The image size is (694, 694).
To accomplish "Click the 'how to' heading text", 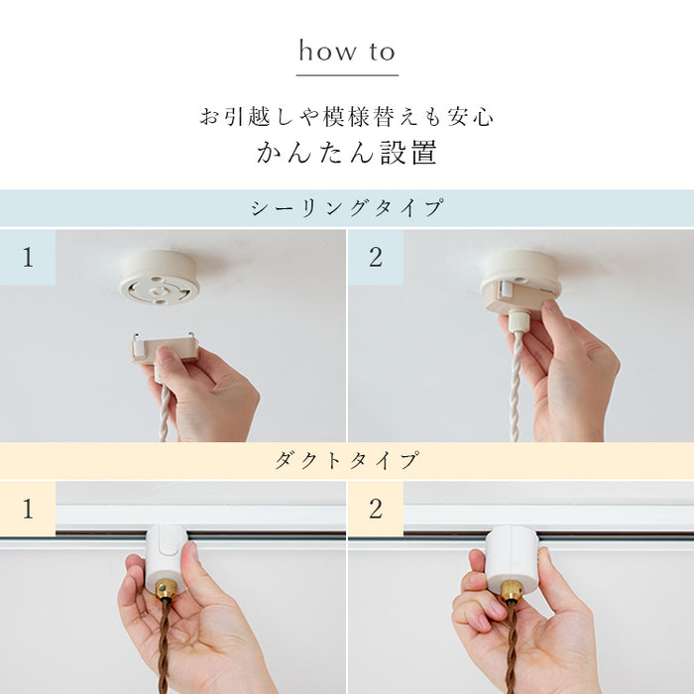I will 347,52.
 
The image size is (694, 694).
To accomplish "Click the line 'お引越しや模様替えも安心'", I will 347,117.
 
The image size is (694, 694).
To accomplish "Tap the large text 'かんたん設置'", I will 347,154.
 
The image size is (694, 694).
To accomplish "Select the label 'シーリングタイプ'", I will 347,209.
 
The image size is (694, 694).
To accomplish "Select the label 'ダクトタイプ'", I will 347,461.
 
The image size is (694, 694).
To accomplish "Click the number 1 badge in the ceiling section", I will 28,258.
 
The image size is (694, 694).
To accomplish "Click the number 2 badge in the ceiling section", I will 376,258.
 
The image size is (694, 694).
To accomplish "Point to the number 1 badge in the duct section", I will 28,510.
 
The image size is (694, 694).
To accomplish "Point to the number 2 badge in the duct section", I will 376,510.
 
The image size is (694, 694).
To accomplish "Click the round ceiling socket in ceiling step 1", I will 160,277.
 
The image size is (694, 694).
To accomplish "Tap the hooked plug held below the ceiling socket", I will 165,348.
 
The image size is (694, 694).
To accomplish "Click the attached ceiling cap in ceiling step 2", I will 520,278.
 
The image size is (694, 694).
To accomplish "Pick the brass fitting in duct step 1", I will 166,590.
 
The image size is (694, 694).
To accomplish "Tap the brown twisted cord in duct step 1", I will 164,644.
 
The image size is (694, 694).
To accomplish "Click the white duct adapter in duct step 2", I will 512,556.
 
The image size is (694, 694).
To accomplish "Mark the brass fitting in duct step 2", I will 511,592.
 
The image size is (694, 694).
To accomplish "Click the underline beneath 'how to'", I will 347,74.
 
